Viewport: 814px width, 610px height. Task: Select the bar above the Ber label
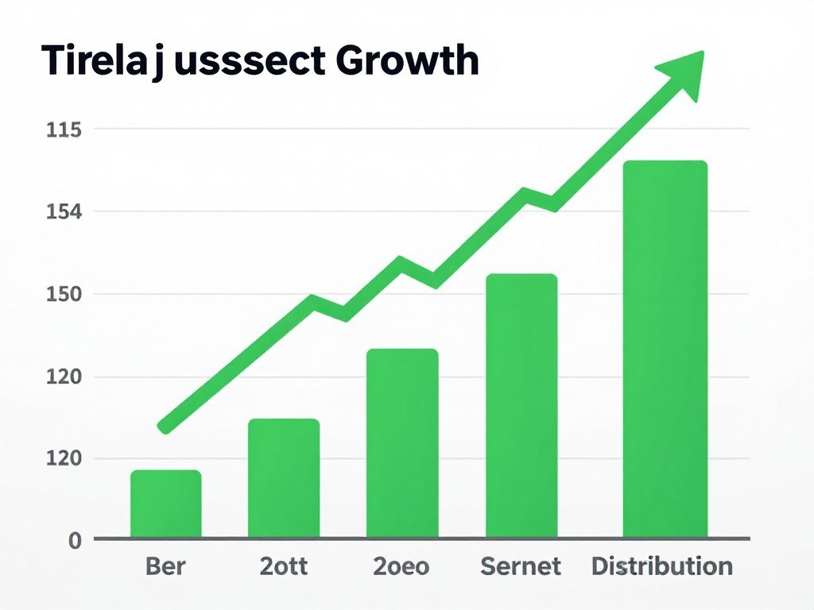[x=166, y=504]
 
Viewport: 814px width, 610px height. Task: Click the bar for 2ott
[x=284, y=478]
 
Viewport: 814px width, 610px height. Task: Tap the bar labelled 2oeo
[x=402, y=443]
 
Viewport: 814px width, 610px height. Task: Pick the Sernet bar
[x=521, y=405]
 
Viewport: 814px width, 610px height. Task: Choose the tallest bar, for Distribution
[x=665, y=349]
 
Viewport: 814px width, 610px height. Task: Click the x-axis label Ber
[x=166, y=566]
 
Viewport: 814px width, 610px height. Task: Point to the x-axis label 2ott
[x=284, y=566]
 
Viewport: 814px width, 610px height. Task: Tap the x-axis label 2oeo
[x=401, y=566]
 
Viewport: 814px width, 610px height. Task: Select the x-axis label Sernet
[x=521, y=566]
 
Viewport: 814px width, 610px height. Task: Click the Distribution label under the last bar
[x=662, y=566]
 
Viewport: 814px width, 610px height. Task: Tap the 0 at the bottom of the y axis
[x=75, y=541]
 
